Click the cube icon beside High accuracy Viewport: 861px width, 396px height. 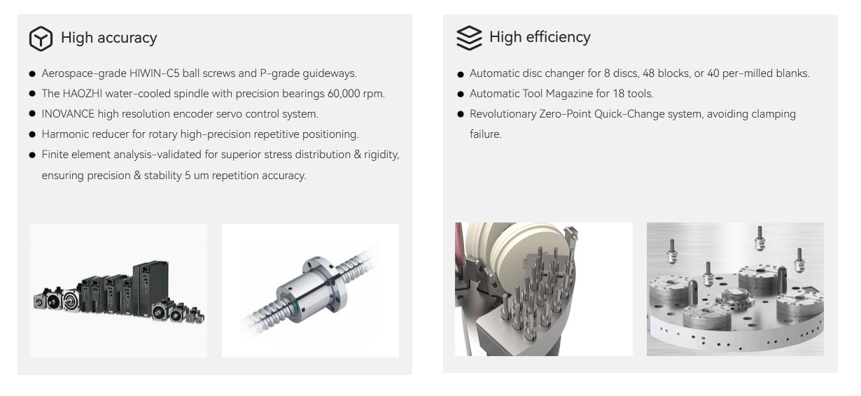pos(41,38)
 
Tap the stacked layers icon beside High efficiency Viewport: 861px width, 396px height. pos(469,38)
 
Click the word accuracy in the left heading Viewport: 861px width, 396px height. pos(127,38)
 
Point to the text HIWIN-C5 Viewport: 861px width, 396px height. pos(155,73)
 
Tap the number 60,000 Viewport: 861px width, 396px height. pos(344,94)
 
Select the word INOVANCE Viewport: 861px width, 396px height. pos(68,114)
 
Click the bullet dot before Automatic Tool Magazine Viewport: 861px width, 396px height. pos(461,94)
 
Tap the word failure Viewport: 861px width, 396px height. pos(486,134)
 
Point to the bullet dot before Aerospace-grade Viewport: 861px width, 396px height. pos(32,74)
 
